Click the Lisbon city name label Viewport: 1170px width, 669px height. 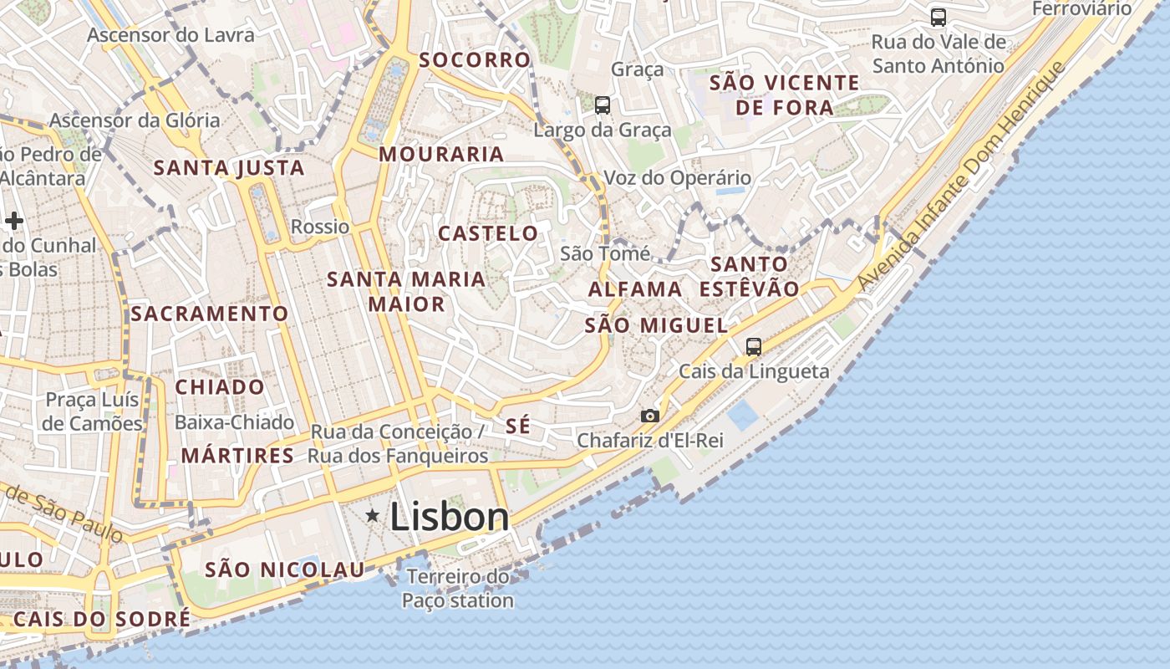click(450, 517)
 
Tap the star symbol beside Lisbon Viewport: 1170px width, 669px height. click(372, 516)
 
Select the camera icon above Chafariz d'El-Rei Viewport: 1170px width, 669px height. click(649, 416)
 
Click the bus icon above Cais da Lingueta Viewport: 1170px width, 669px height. click(754, 346)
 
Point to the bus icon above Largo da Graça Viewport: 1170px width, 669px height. click(603, 105)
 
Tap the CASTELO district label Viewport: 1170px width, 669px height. click(489, 233)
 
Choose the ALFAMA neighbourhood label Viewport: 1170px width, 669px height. click(635, 289)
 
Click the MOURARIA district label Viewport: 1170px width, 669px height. click(441, 154)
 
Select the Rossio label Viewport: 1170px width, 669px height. click(320, 227)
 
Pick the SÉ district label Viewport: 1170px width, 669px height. click(518, 426)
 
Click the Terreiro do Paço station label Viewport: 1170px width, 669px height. click(458, 589)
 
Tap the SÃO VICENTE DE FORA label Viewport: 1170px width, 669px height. click(784, 94)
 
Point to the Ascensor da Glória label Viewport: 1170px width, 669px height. click(135, 120)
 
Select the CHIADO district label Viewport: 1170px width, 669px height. click(220, 387)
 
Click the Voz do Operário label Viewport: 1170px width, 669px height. click(677, 178)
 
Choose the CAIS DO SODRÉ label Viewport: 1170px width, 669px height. click(101, 619)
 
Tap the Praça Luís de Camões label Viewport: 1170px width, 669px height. click(92, 411)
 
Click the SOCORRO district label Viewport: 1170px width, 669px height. click(475, 60)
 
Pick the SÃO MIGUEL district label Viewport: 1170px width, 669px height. click(656, 325)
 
